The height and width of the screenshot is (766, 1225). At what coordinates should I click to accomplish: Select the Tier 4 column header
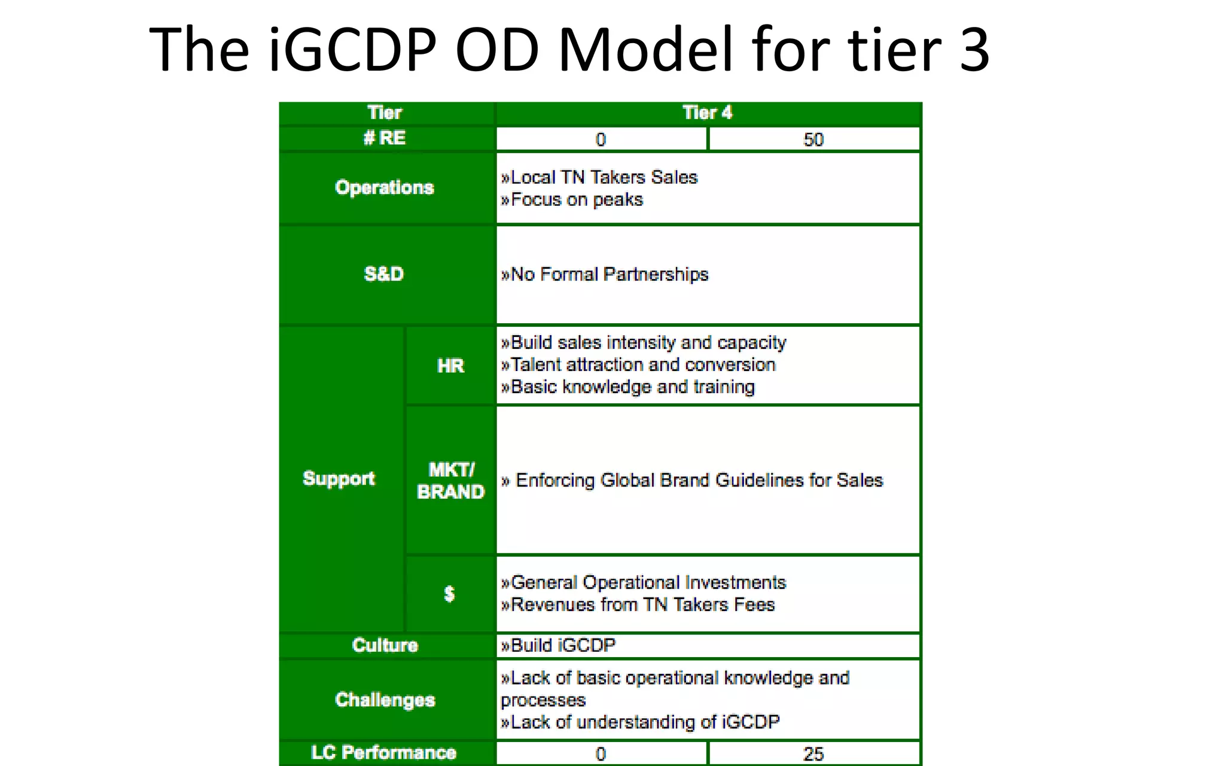pyautogui.click(x=707, y=113)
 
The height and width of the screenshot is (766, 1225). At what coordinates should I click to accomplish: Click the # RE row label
pyautogui.click(x=385, y=138)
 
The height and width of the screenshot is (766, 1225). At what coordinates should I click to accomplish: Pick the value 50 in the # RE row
pyautogui.click(x=813, y=139)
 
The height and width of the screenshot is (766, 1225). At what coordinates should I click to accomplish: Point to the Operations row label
pyautogui.click(x=385, y=188)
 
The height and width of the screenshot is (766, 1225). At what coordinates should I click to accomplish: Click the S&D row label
pyautogui.click(x=384, y=274)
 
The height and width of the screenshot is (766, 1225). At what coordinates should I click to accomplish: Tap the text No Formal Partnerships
pyautogui.click(x=605, y=274)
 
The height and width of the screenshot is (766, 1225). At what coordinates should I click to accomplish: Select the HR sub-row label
pyautogui.click(x=450, y=366)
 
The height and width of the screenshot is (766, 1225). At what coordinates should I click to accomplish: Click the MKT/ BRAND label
pyautogui.click(x=450, y=481)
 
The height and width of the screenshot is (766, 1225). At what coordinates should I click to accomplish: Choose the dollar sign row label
pyautogui.click(x=449, y=594)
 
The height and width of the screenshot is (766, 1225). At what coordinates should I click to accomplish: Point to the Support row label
pyautogui.click(x=339, y=479)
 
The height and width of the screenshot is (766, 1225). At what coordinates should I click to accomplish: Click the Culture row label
pyautogui.click(x=385, y=645)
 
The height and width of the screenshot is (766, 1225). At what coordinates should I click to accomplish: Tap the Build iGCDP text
pyautogui.click(x=558, y=645)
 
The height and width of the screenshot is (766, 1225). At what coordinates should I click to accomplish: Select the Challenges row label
pyautogui.click(x=385, y=700)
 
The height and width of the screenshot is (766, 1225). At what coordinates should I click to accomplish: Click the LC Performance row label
pyautogui.click(x=384, y=753)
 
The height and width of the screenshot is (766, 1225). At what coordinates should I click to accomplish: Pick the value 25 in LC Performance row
pyautogui.click(x=813, y=754)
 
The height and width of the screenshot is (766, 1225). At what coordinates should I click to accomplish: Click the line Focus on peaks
pyautogui.click(x=572, y=200)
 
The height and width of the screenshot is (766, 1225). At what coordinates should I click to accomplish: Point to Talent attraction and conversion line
pyautogui.click(x=638, y=364)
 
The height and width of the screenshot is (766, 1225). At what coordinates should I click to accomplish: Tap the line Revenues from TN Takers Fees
pyautogui.click(x=638, y=604)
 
